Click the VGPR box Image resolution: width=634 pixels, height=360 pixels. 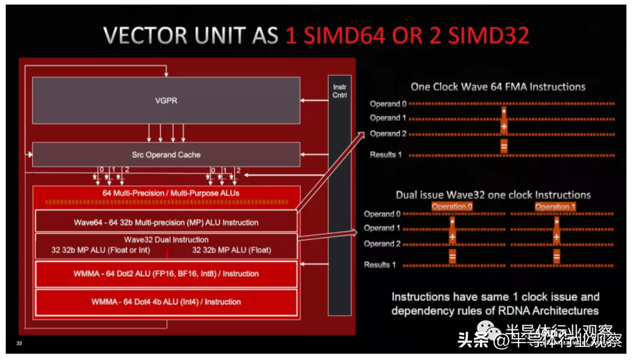[x=166, y=100]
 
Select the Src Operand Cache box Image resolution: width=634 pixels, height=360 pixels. [x=166, y=154]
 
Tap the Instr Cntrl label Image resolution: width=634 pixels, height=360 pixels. [x=340, y=90]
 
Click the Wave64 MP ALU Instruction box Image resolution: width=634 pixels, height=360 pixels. [x=166, y=223]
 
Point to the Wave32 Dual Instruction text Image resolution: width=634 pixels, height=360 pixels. [x=166, y=240]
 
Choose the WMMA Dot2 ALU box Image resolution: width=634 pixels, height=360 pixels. [x=166, y=274]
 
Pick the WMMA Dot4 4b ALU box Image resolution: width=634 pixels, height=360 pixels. [x=166, y=302]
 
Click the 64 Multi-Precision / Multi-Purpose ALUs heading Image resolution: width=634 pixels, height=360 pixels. [x=171, y=193]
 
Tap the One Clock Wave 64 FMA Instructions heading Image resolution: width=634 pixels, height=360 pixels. [x=498, y=86]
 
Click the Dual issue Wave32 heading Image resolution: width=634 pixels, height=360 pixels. [x=493, y=194]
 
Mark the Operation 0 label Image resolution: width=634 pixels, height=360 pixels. [x=451, y=207]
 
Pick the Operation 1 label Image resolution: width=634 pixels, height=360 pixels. [x=555, y=207]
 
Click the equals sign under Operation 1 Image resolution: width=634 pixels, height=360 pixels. [x=556, y=256]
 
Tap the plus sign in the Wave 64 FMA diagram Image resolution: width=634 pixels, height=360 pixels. [x=504, y=125]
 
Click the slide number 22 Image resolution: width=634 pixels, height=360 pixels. [x=19, y=343]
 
